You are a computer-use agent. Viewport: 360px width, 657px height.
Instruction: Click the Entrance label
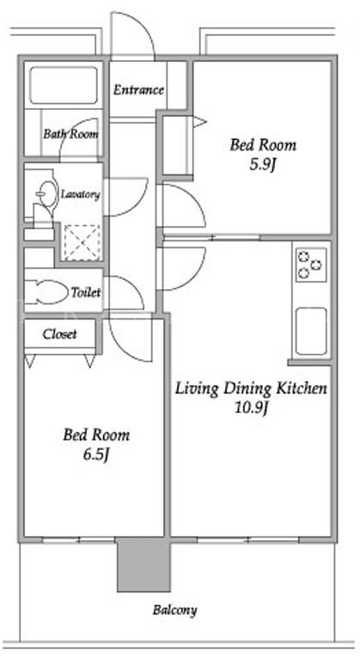point(138,89)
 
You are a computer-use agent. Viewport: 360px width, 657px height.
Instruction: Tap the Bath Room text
point(71,134)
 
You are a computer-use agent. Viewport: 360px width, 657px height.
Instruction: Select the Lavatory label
point(81,194)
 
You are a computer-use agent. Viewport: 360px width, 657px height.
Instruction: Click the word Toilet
point(86,292)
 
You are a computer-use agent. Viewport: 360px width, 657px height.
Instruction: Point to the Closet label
point(59,334)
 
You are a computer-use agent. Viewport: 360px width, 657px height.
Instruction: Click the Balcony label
point(174,610)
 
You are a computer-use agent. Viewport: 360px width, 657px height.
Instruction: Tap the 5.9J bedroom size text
point(262,165)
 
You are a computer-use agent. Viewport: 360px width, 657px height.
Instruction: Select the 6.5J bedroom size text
point(96,455)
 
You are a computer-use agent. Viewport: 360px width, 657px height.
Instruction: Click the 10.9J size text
point(251,409)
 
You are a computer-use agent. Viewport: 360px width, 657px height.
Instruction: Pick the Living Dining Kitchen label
point(251,388)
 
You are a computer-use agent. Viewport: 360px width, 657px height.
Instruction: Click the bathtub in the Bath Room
point(64,85)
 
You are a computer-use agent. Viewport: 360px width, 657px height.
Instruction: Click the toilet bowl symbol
point(47,292)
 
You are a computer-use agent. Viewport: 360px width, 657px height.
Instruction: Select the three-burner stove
point(311,265)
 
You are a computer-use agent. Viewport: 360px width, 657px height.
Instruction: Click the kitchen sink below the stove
point(311,331)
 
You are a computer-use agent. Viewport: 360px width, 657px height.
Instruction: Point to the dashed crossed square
point(82,242)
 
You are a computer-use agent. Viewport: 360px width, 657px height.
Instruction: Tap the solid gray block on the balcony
point(143,564)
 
